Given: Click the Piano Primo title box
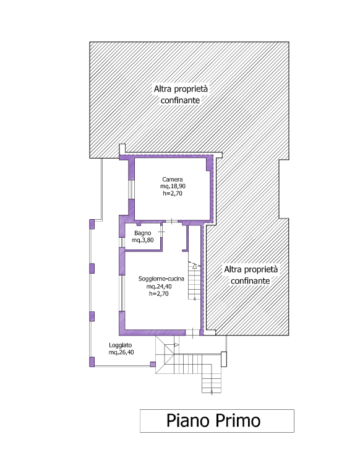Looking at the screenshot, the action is [217, 421].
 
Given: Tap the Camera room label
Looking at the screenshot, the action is [173, 180].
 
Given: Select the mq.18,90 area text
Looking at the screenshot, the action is [173, 186].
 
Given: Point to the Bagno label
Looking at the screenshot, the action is [143, 233].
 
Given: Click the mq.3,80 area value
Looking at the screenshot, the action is [143, 240].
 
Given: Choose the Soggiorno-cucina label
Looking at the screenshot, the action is [161, 279].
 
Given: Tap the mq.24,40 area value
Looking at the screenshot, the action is [159, 286].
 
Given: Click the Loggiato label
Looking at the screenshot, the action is [121, 345].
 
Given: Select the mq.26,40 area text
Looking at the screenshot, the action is [121, 352].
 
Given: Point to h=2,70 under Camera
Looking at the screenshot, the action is [173, 193].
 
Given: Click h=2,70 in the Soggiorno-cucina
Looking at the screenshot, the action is [159, 293].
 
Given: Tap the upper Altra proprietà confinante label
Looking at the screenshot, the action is [181, 95].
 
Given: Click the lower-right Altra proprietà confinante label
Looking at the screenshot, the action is [251, 275].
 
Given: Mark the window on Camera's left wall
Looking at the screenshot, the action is [131, 189].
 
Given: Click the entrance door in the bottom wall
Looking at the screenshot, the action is [192, 332].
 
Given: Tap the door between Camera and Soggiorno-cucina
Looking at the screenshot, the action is [171, 222].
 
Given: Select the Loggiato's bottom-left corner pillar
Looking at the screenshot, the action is [92, 362].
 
